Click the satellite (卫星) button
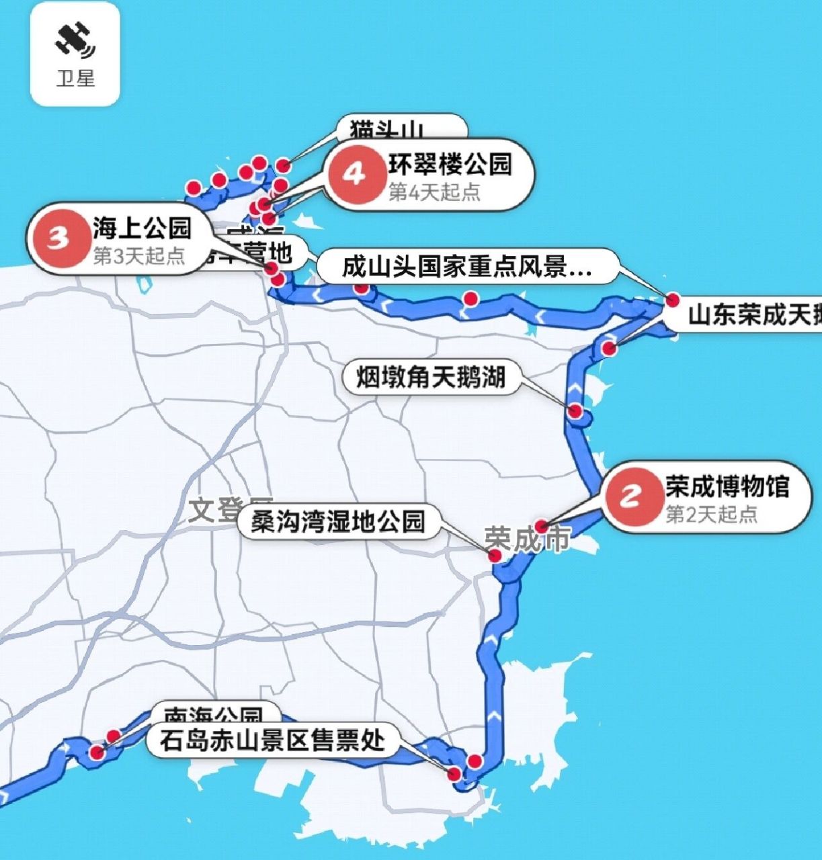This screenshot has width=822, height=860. click(x=75, y=54)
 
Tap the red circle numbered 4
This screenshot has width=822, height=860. click(x=355, y=175)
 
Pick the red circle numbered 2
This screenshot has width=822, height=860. click(x=630, y=497)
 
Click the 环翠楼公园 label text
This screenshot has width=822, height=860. click(x=450, y=164)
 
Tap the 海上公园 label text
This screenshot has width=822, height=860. click(x=142, y=228)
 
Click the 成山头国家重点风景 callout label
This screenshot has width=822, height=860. click(x=466, y=267)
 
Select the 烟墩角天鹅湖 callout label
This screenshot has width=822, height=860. click(x=430, y=377)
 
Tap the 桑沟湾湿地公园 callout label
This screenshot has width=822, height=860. click(x=338, y=521)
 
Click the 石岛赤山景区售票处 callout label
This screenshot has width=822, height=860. click(x=272, y=740)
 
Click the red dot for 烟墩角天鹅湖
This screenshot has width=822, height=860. click(x=575, y=411)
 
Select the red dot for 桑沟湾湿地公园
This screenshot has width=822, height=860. click(x=495, y=555)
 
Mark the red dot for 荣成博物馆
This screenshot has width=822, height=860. click(x=542, y=527)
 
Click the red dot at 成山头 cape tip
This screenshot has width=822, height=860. click(x=672, y=300)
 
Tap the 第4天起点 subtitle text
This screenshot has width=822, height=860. click(x=434, y=193)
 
